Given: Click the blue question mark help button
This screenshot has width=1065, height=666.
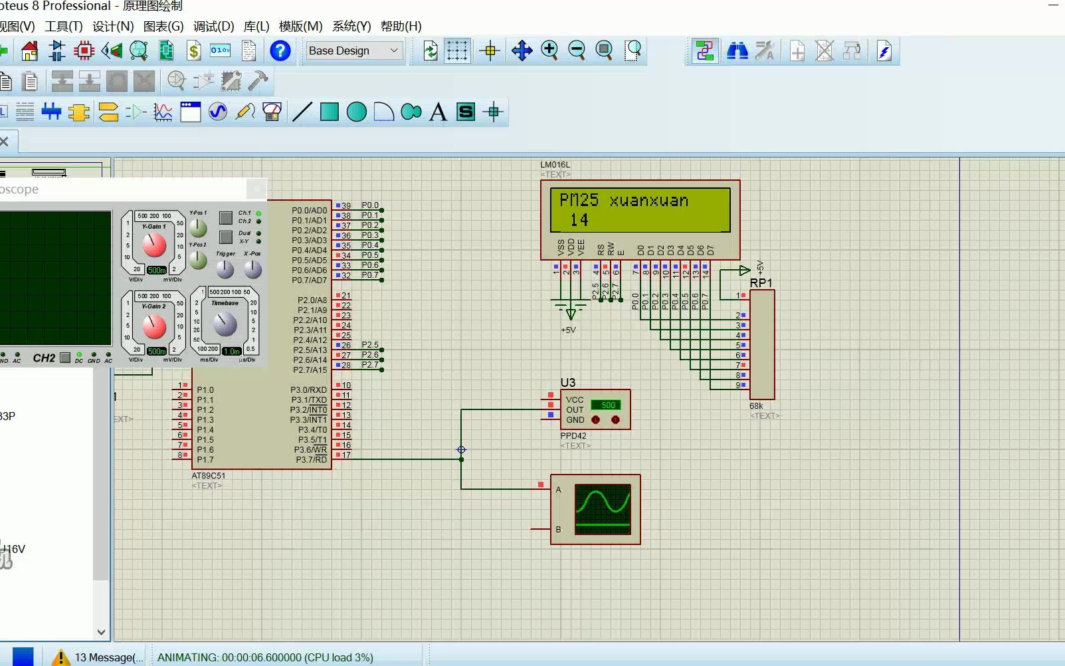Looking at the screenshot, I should coord(280,51).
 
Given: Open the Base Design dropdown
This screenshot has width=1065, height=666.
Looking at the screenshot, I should coord(354,51).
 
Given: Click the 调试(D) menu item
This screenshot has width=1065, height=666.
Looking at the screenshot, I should coord(213,27).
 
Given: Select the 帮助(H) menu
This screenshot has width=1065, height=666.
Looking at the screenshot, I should coord(401,27).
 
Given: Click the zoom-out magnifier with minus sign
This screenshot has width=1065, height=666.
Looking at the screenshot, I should coord(577,50).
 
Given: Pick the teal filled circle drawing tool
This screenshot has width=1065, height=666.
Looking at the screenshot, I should coord(357,112).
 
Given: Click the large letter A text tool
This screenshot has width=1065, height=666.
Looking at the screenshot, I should coord(438,112).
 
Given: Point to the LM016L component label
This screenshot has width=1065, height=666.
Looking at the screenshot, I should coord(555,165).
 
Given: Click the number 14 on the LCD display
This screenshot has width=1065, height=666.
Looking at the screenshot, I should coord(579,220).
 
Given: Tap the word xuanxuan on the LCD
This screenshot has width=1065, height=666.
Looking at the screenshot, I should coord(648,200).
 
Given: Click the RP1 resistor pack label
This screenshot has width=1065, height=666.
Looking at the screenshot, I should coord(761,283).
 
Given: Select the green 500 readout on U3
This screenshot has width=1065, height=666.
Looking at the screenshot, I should coord(608,405).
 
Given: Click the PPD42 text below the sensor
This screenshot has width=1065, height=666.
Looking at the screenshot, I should coord(573,436).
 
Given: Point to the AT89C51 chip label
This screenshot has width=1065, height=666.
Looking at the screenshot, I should coord(208,476).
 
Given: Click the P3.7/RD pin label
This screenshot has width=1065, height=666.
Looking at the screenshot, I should coord(311,460).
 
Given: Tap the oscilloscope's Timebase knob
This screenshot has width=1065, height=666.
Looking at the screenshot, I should coord(225,324).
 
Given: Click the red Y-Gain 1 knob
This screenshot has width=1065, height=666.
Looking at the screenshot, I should coord(154,245).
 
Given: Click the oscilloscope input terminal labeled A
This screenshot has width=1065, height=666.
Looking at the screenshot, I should coord(558,490).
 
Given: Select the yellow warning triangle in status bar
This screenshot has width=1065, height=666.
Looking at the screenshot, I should coord(60,657).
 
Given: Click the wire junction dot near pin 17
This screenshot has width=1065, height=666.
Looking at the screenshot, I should coord(461,459).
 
